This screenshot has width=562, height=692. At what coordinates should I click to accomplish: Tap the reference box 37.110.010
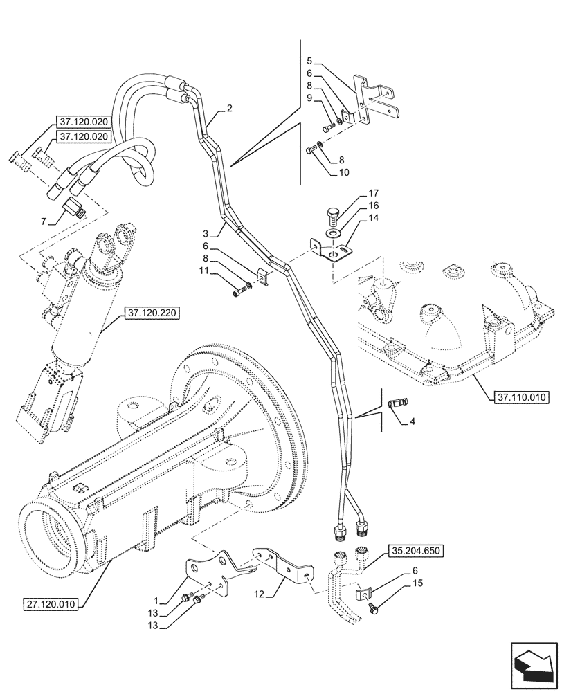521,397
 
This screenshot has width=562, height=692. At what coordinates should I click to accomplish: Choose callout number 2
228,108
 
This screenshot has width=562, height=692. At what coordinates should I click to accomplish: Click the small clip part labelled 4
399,401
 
